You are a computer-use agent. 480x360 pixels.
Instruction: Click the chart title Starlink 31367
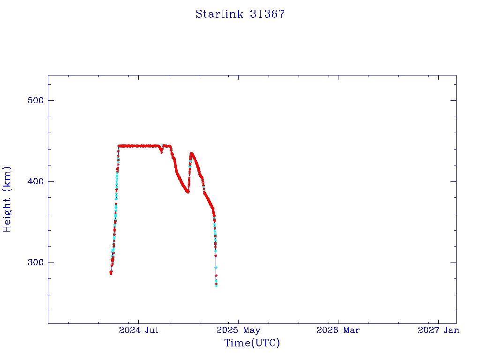click(x=240, y=14)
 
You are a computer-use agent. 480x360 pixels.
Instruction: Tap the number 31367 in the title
click(x=267, y=14)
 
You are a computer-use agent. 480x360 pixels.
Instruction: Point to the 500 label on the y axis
click(x=36, y=100)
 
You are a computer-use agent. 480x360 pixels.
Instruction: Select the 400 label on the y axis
click(x=36, y=181)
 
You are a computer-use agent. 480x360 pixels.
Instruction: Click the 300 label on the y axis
click(x=36, y=262)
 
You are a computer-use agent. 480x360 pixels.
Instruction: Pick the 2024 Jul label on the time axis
click(x=138, y=330)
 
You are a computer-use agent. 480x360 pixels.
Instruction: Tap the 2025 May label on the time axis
click(x=238, y=330)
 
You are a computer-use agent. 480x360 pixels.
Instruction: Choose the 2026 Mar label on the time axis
click(x=338, y=330)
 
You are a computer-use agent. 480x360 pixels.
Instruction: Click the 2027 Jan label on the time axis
click(x=438, y=330)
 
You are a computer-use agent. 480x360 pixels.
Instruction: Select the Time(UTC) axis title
click(x=252, y=343)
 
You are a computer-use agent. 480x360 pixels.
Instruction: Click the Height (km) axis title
click(x=7, y=199)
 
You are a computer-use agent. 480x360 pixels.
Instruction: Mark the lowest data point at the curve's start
click(x=111, y=272)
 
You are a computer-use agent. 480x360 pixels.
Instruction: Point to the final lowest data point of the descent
click(x=216, y=286)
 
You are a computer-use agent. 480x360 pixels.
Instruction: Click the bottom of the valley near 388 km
click(x=187, y=192)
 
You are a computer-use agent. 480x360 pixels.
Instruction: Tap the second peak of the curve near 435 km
click(x=191, y=153)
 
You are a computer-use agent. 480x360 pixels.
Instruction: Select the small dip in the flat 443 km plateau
click(x=162, y=151)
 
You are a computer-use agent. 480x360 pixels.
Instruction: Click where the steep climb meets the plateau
click(x=119, y=146)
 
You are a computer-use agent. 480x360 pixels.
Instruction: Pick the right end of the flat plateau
click(x=170, y=146)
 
